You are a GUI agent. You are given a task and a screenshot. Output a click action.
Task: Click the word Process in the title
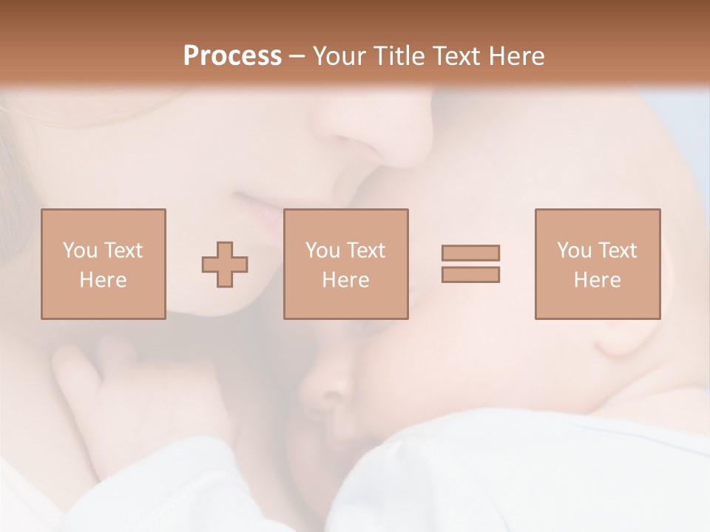coord(232,56)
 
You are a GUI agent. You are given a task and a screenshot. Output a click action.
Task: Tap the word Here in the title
coord(512,56)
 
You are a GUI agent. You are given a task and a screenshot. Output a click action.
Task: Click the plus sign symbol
coord(225,264)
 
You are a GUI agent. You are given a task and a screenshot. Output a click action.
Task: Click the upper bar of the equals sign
coord(470,253)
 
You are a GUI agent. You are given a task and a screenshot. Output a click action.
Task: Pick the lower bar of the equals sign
coord(470,275)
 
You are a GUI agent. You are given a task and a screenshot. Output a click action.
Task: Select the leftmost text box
coord(103,264)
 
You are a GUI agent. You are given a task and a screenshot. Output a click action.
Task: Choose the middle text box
coord(345,264)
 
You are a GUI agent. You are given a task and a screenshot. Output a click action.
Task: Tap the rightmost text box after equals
coord(597,264)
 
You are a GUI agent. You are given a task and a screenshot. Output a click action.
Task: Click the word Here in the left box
coord(103,280)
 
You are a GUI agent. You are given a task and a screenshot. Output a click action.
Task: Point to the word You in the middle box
coord(322,250)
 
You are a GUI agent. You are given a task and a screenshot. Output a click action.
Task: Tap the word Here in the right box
coord(597,280)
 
